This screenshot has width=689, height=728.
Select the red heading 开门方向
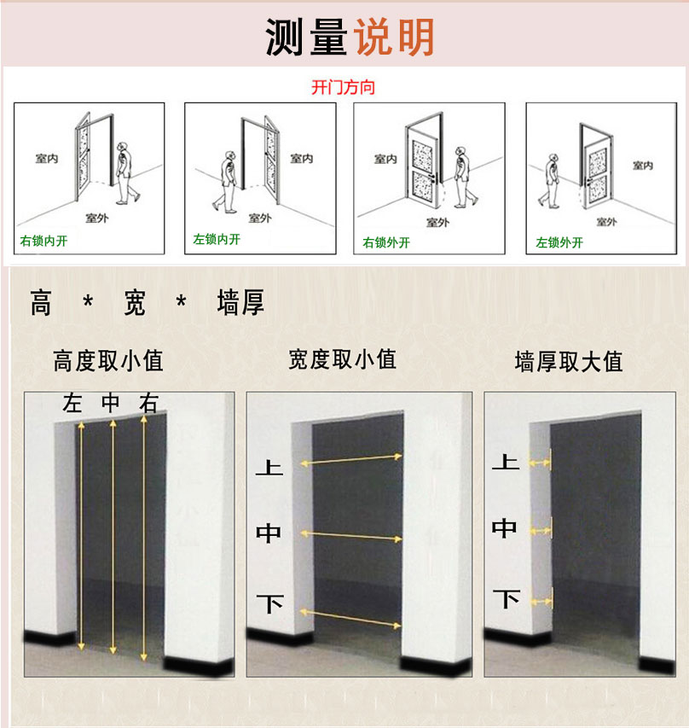coord(344,87)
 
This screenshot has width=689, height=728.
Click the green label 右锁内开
coord(43,241)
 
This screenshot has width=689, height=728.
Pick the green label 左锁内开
coord(217,239)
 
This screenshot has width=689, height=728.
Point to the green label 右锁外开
coord(386,242)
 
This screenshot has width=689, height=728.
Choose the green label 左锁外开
coord(559,242)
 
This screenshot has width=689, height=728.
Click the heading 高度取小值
coord(108,361)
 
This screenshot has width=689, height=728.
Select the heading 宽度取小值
coord(343,359)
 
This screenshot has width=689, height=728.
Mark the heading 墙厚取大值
coord(569,362)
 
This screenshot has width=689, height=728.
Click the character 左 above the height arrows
coord(72,404)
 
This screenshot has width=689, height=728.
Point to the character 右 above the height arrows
coord(149,404)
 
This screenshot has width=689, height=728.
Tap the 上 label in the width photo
coord(269,468)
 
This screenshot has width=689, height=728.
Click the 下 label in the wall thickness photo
coord(507,598)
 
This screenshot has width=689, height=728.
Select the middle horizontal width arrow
coord(352,536)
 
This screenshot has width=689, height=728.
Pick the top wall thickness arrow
coord(540,463)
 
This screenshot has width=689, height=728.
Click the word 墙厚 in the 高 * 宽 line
coord(241,303)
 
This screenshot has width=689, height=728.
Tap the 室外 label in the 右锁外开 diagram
coord(437,222)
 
